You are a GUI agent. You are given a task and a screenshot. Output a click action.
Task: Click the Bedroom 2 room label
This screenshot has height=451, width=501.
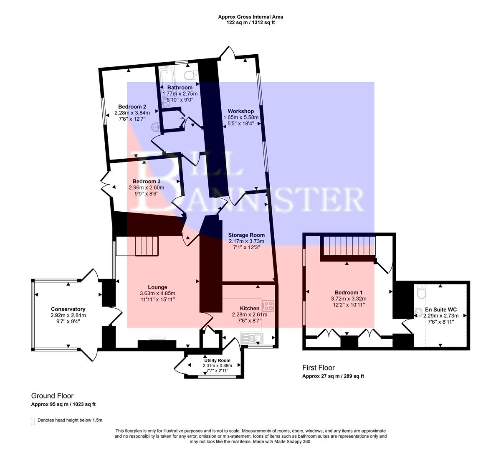coord(132,106)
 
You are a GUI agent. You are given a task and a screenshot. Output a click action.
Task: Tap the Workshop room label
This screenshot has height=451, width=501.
coord(240,111)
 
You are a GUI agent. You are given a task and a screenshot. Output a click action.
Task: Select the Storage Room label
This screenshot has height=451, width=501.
coord(246,235)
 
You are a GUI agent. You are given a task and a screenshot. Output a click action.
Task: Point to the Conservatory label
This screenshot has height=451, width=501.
coord(68,309)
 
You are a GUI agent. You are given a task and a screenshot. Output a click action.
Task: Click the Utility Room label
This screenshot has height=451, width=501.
coord(217,360)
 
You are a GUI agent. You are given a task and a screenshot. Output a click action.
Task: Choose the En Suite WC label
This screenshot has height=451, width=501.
coord(441,309)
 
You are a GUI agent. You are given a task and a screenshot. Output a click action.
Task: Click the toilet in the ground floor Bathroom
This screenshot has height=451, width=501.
coord(191,75)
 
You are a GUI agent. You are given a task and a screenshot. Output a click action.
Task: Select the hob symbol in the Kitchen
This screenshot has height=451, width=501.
coord(268,306)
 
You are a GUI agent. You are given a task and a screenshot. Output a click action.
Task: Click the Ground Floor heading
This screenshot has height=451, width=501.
coord(52,395)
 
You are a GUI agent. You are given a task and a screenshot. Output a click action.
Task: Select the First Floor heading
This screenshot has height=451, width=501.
coord(318,367)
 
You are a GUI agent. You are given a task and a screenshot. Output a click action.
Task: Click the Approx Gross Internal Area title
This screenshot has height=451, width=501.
coord(250,17)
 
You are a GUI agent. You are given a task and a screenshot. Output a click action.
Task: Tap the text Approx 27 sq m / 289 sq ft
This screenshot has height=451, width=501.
coord(333,376)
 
